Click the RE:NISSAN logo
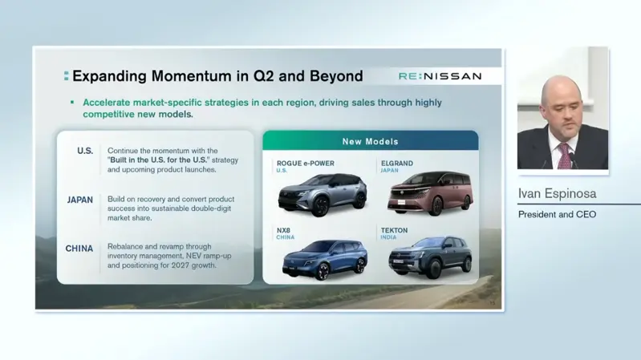(x=440, y=76)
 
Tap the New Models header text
(x=371, y=141)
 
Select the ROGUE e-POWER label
(x=306, y=163)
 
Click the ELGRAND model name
(x=397, y=163)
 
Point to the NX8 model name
(x=283, y=230)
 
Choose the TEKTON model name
(x=394, y=230)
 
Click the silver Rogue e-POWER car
(x=323, y=194)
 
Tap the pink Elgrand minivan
(x=430, y=193)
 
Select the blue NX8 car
(x=325, y=260)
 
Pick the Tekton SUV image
(x=430, y=257)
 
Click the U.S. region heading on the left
(x=85, y=151)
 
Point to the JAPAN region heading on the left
(x=80, y=200)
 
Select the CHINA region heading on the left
(x=79, y=249)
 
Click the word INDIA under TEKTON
(x=388, y=237)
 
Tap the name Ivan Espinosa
(x=558, y=193)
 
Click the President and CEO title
(x=558, y=215)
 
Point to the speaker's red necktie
(x=564, y=156)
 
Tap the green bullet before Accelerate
(x=72, y=102)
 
